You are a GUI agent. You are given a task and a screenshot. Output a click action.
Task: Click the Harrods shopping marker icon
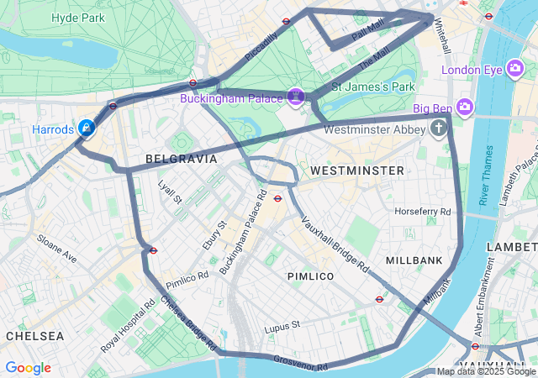point(86,128)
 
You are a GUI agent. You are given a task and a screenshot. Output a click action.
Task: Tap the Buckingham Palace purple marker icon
point(296,97)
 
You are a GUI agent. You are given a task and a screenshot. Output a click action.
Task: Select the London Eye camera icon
point(516,70)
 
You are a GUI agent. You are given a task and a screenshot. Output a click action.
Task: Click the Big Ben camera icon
point(466,108)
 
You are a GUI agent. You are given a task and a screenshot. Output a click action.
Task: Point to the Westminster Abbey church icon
point(438,129)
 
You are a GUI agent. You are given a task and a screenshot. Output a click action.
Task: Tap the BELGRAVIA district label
point(181,159)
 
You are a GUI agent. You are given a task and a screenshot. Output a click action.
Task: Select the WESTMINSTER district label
point(357,171)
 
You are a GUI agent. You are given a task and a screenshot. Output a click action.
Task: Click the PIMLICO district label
point(310,276)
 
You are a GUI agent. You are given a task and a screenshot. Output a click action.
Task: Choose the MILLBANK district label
point(414,261)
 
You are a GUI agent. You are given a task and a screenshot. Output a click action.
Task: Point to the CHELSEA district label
point(34,336)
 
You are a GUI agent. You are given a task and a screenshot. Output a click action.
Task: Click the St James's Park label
point(374,87)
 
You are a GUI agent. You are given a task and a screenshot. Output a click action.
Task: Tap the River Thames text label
point(485,176)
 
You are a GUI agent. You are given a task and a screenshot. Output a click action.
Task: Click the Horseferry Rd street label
point(423,211)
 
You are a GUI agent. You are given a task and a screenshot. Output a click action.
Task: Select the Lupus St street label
point(282,326)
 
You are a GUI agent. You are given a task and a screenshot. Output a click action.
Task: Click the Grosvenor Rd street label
point(299,363)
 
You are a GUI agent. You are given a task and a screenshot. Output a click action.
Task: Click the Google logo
point(28,368)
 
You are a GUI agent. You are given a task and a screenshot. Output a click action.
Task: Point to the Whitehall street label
point(442,38)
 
